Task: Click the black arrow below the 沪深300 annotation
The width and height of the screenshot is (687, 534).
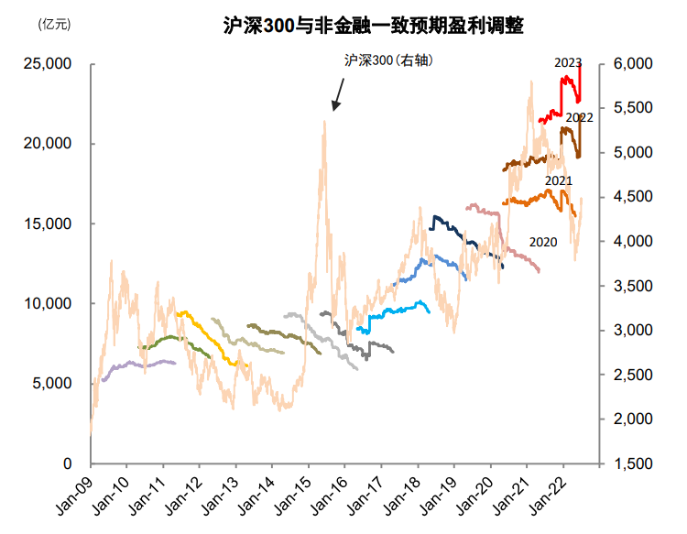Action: (x=338, y=93)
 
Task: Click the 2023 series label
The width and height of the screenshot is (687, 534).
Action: (x=568, y=63)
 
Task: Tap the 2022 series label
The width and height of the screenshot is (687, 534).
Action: (x=579, y=118)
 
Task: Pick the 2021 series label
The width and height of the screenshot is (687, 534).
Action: (x=559, y=181)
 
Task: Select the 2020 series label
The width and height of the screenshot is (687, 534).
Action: (x=543, y=242)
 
